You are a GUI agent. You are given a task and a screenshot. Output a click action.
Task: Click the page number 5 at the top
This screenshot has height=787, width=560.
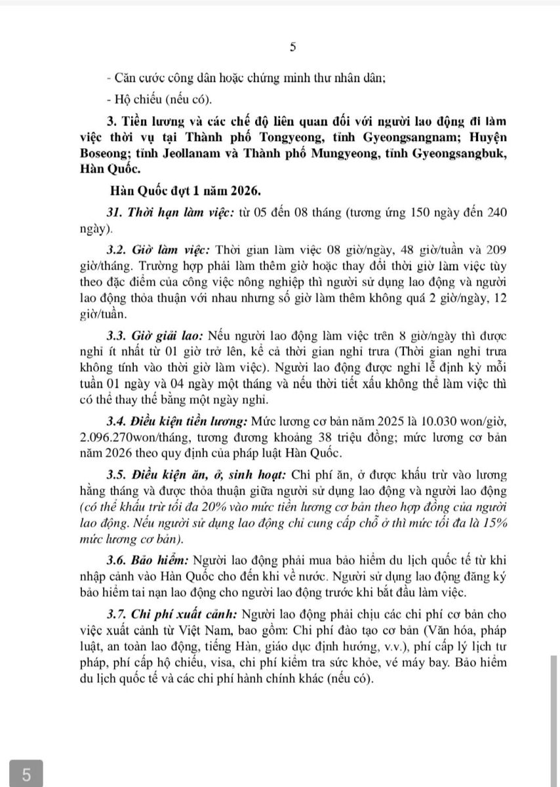click(292, 47)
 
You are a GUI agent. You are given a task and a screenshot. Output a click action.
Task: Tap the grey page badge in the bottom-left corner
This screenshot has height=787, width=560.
click(26, 774)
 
